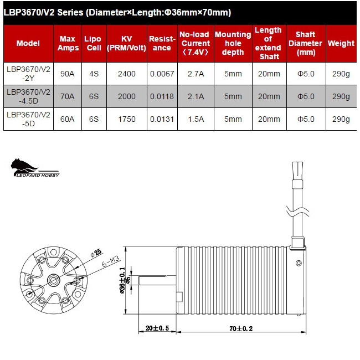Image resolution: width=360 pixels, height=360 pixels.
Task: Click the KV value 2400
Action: point(126,73)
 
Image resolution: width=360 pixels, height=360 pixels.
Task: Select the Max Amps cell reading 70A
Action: point(67,96)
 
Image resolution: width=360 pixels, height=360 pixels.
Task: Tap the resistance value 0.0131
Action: point(161,119)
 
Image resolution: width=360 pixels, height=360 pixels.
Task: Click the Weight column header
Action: point(341,43)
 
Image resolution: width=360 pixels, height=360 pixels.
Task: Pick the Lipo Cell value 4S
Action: point(92,73)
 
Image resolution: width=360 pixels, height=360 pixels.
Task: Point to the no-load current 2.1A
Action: point(196,96)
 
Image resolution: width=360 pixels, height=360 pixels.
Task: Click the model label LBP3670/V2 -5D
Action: point(28,119)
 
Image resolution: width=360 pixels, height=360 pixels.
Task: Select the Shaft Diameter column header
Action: point(306,43)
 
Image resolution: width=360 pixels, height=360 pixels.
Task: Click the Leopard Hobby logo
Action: point(34,167)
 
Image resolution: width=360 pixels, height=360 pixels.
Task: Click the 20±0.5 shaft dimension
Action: point(157,328)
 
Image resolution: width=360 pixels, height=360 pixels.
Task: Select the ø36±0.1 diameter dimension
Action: point(123,280)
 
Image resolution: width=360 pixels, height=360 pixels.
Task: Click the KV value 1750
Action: point(126,119)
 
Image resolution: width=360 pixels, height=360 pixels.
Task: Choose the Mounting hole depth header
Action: point(233,43)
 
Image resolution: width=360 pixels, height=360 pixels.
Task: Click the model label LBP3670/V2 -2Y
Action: point(28,73)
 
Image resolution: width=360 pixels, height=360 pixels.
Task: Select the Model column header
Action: point(28,43)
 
